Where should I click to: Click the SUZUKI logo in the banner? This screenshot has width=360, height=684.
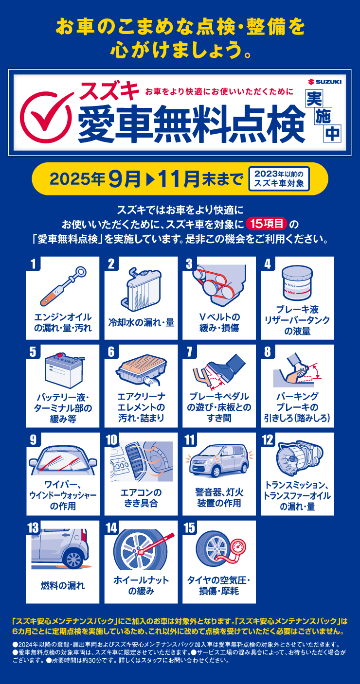point(324,82)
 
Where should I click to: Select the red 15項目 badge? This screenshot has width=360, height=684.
point(267,224)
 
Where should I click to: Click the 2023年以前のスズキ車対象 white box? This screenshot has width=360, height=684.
point(279,178)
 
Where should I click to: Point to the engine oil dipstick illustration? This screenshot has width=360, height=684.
point(63,286)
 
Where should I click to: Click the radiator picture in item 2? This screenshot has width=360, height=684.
point(141,289)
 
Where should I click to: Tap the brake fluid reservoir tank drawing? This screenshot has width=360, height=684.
point(297,283)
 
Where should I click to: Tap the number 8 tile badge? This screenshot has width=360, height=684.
point(268,352)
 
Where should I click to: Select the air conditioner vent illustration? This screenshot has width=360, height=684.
point(141,461)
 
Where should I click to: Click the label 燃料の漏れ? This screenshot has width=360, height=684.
point(63,585)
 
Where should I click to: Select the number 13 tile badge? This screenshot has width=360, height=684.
point(33,527)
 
